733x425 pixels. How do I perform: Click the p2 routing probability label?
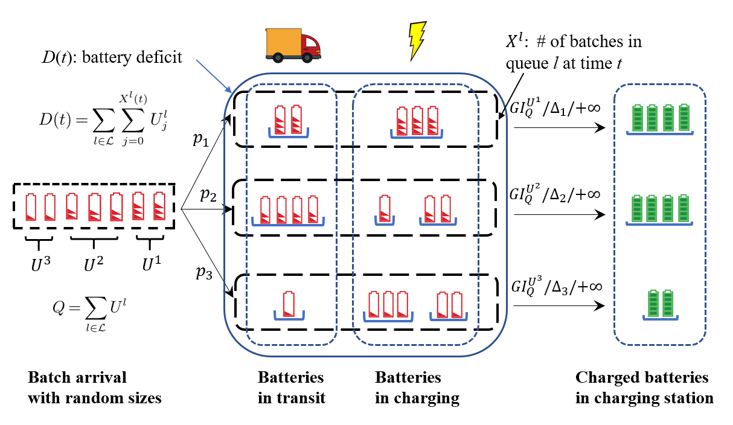[x=208, y=194]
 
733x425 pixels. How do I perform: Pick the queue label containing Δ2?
[x=554, y=196]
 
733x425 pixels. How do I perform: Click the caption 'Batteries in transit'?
[x=291, y=388]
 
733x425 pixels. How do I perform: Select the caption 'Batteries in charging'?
[x=417, y=388]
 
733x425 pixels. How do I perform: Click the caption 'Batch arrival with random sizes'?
[x=95, y=388]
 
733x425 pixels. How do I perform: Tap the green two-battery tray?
[x=659, y=304]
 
